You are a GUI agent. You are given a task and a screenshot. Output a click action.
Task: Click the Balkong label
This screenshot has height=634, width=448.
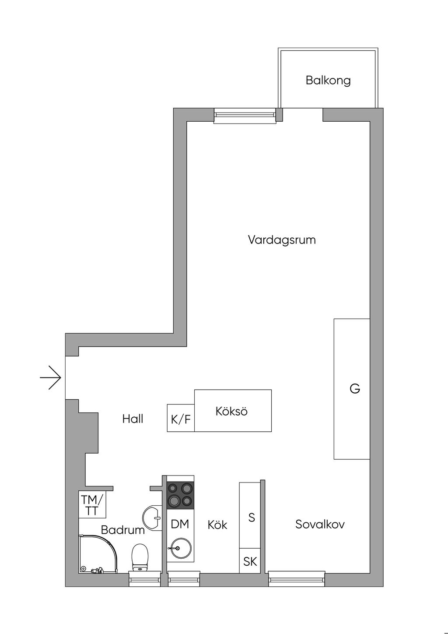(328, 81)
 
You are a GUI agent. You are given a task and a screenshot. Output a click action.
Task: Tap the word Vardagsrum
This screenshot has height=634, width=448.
(282, 240)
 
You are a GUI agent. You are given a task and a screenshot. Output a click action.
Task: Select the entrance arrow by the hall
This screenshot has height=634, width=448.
(51, 377)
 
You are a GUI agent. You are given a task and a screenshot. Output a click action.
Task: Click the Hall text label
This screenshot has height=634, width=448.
(133, 419)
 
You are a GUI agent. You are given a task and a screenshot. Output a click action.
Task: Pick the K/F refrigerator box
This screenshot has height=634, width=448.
(181, 419)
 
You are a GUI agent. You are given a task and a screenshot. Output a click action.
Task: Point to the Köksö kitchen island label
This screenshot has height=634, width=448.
(231, 412)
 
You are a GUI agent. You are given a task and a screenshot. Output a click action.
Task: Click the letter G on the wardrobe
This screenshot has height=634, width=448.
(354, 388)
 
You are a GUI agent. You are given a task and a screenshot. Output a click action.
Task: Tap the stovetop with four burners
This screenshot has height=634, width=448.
(180, 494)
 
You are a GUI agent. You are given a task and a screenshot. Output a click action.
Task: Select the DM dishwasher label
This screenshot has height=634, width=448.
(180, 524)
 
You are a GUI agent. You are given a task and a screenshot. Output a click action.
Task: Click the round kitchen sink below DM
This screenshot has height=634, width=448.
(178, 548)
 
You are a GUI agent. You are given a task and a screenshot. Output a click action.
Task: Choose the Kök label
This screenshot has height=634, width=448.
(217, 525)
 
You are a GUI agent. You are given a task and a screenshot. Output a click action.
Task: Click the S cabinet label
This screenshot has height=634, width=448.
(252, 518)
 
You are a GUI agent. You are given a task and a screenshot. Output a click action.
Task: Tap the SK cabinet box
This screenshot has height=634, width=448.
(250, 561)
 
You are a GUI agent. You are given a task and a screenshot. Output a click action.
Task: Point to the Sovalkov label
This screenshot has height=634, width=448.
(320, 524)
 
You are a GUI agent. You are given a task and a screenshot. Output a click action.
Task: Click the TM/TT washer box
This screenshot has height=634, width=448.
(92, 505)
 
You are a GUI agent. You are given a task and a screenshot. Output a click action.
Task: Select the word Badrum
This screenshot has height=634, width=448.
(122, 530)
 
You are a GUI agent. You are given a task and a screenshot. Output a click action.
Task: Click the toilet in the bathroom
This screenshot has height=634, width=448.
(140, 557)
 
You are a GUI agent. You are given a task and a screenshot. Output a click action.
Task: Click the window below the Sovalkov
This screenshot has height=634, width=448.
(297, 579)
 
